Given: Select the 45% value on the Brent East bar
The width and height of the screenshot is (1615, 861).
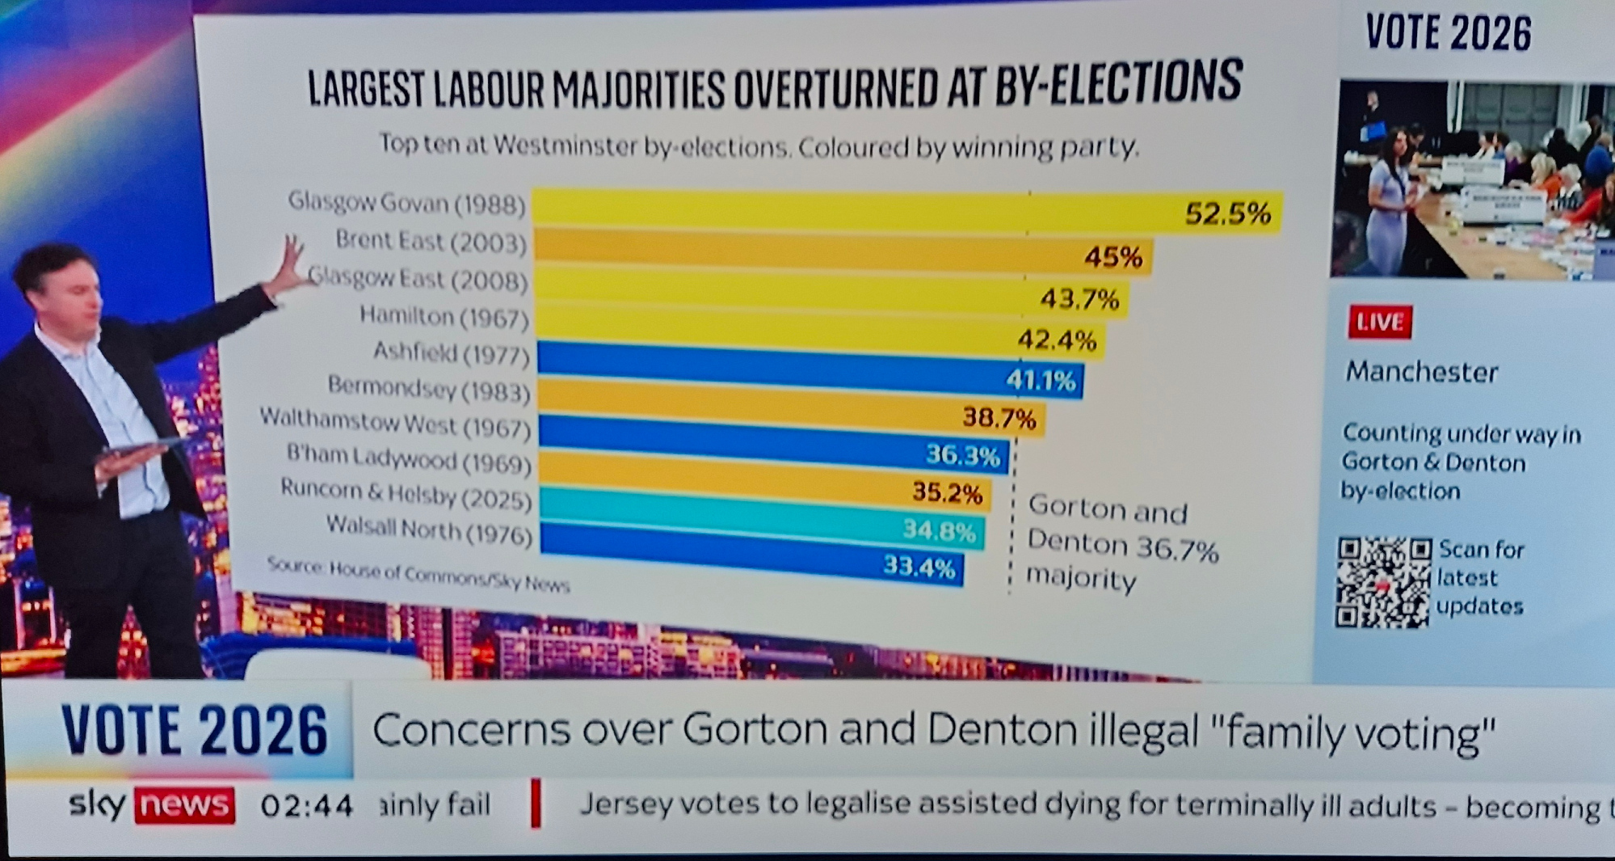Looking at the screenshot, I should click(x=1112, y=258).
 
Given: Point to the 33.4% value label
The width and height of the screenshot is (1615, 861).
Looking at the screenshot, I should click(x=919, y=566).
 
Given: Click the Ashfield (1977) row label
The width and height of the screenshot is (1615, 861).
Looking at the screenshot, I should click(x=451, y=353).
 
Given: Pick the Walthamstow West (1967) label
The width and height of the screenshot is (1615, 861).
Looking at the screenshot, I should click(x=394, y=424).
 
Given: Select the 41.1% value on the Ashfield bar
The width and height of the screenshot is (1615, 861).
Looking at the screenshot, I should click(x=1041, y=379).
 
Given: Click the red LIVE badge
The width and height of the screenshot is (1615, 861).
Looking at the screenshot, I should click(x=1379, y=322).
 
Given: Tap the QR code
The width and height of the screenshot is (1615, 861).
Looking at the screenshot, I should click(x=1383, y=582).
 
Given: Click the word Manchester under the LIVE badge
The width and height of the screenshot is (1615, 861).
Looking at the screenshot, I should click(x=1421, y=372).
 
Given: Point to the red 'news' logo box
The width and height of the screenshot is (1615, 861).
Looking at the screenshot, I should click(x=184, y=805).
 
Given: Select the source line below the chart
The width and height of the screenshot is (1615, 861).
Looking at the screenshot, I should click(x=418, y=575).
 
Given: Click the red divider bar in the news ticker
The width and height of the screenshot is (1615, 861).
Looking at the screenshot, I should click(x=535, y=804).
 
